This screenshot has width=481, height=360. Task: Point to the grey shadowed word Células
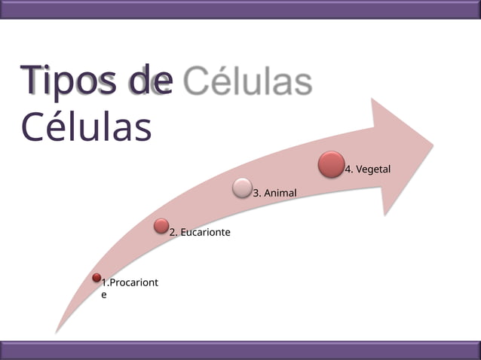[247, 83]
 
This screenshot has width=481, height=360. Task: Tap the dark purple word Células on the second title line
[86, 127]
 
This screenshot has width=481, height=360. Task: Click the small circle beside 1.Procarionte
[97, 278]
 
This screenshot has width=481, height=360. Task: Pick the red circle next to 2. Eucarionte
[161, 225]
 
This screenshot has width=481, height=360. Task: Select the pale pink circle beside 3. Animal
[242, 187]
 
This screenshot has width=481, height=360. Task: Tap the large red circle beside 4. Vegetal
[332, 165]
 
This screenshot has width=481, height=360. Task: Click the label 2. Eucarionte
[200, 233]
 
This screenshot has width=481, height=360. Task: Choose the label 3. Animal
[274, 194]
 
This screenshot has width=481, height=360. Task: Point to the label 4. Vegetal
[368, 169]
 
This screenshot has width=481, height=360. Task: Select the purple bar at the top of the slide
[240, 8]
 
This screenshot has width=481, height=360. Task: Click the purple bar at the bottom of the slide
[240, 349]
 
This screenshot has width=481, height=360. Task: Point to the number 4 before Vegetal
[348, 169]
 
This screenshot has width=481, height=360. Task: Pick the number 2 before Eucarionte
[173, 233]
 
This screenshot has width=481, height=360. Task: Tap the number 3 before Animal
[256, 194]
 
